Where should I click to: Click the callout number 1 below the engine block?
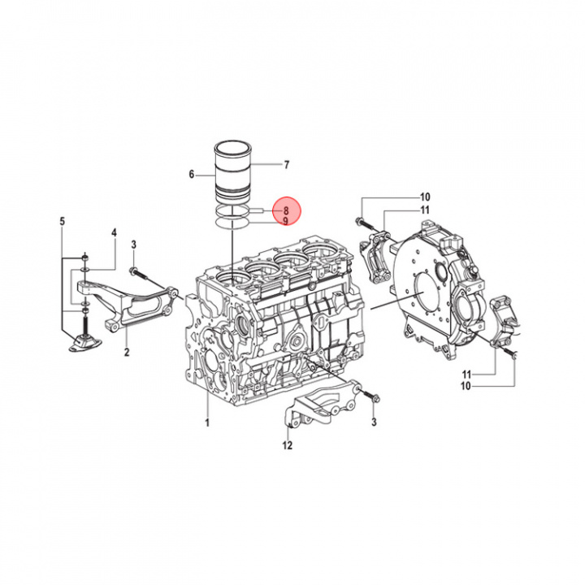(x=207, y=422)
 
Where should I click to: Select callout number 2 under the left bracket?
(x=127, y=352)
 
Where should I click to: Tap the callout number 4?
(x=114, y=233)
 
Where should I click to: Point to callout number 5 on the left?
(x=63, y=220)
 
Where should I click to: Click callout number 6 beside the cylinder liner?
(x=192, y=174)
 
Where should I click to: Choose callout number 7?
(x=286, y=165)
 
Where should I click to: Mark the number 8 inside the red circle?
(x=286, y=210)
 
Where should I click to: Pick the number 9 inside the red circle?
(x=286, y=220)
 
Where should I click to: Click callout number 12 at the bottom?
(x=287, y=444)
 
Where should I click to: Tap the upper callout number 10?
(x=424, y=197)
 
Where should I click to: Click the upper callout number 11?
(x=424, y=210)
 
